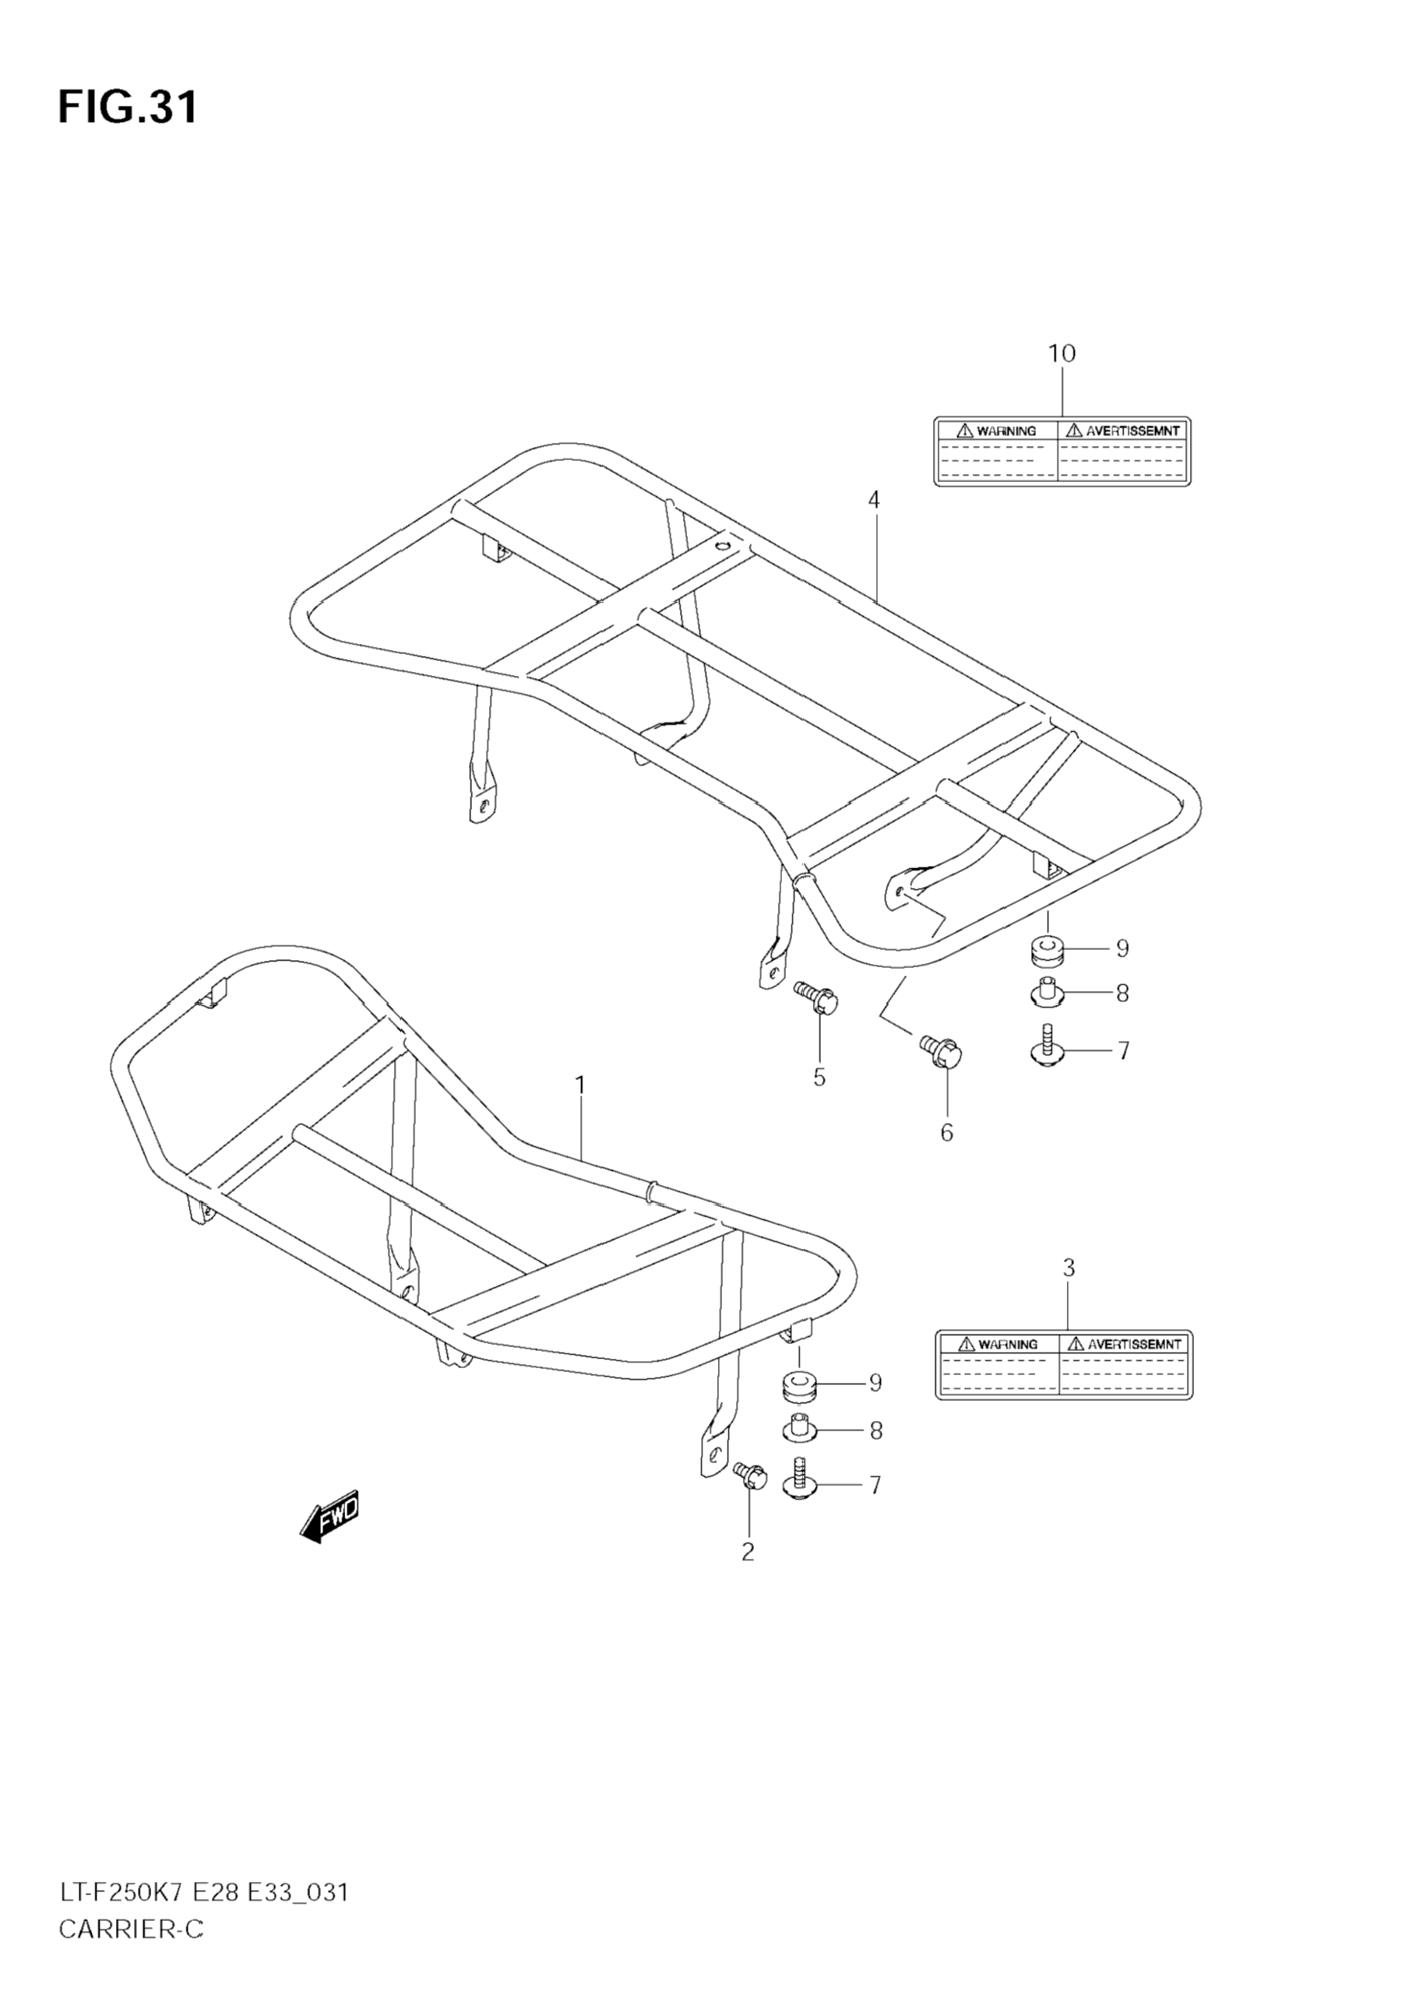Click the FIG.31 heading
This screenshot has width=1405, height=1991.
[128, 107]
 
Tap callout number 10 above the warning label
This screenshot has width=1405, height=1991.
[1062, 354]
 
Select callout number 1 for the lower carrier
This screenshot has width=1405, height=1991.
[580, 1085]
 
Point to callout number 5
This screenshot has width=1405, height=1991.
[819, 1077]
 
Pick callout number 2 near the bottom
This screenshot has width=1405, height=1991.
[748, 1552]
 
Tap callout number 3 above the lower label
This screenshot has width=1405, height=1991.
[1069, 1268]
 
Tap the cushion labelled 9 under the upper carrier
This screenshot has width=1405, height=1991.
[1047, 951]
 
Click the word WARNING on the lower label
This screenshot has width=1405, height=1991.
[1008, 1344]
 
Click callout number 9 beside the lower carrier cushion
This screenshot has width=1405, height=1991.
[875, 1383]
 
